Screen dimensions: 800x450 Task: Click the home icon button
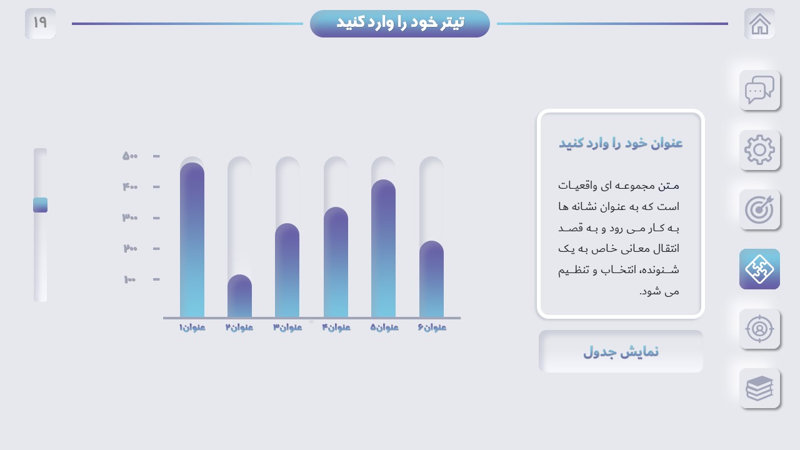tap(759, 24)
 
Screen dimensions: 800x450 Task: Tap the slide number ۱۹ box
tap(41, 24)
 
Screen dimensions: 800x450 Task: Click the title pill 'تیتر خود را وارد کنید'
tap(399, 24)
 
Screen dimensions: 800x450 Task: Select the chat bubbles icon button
tap(759, 90)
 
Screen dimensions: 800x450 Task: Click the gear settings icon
tap(759, 149)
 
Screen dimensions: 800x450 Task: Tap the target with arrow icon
tap(759, 209)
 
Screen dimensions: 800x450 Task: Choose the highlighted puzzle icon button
tap(759, 269)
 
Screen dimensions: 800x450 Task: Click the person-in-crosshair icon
tap(759, 329)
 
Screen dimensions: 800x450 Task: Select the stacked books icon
tap(759, 388)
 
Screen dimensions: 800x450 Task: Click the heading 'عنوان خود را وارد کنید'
tap(621, 143)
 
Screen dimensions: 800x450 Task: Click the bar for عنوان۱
tap(192, 239)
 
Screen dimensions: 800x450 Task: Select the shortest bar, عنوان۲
tap(239, 296)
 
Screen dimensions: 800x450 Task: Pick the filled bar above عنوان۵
tap(383, 248)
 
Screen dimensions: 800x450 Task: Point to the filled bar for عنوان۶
tap(431, 279)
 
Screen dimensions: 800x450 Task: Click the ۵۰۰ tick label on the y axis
tap(130, 156)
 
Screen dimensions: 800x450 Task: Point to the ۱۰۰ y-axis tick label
tap(130, 279)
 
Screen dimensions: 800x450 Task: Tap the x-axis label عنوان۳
tap(287, 327)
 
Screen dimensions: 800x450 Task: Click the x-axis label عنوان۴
tap(336, 327)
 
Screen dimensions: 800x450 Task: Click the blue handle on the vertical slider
tap(41, 205)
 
